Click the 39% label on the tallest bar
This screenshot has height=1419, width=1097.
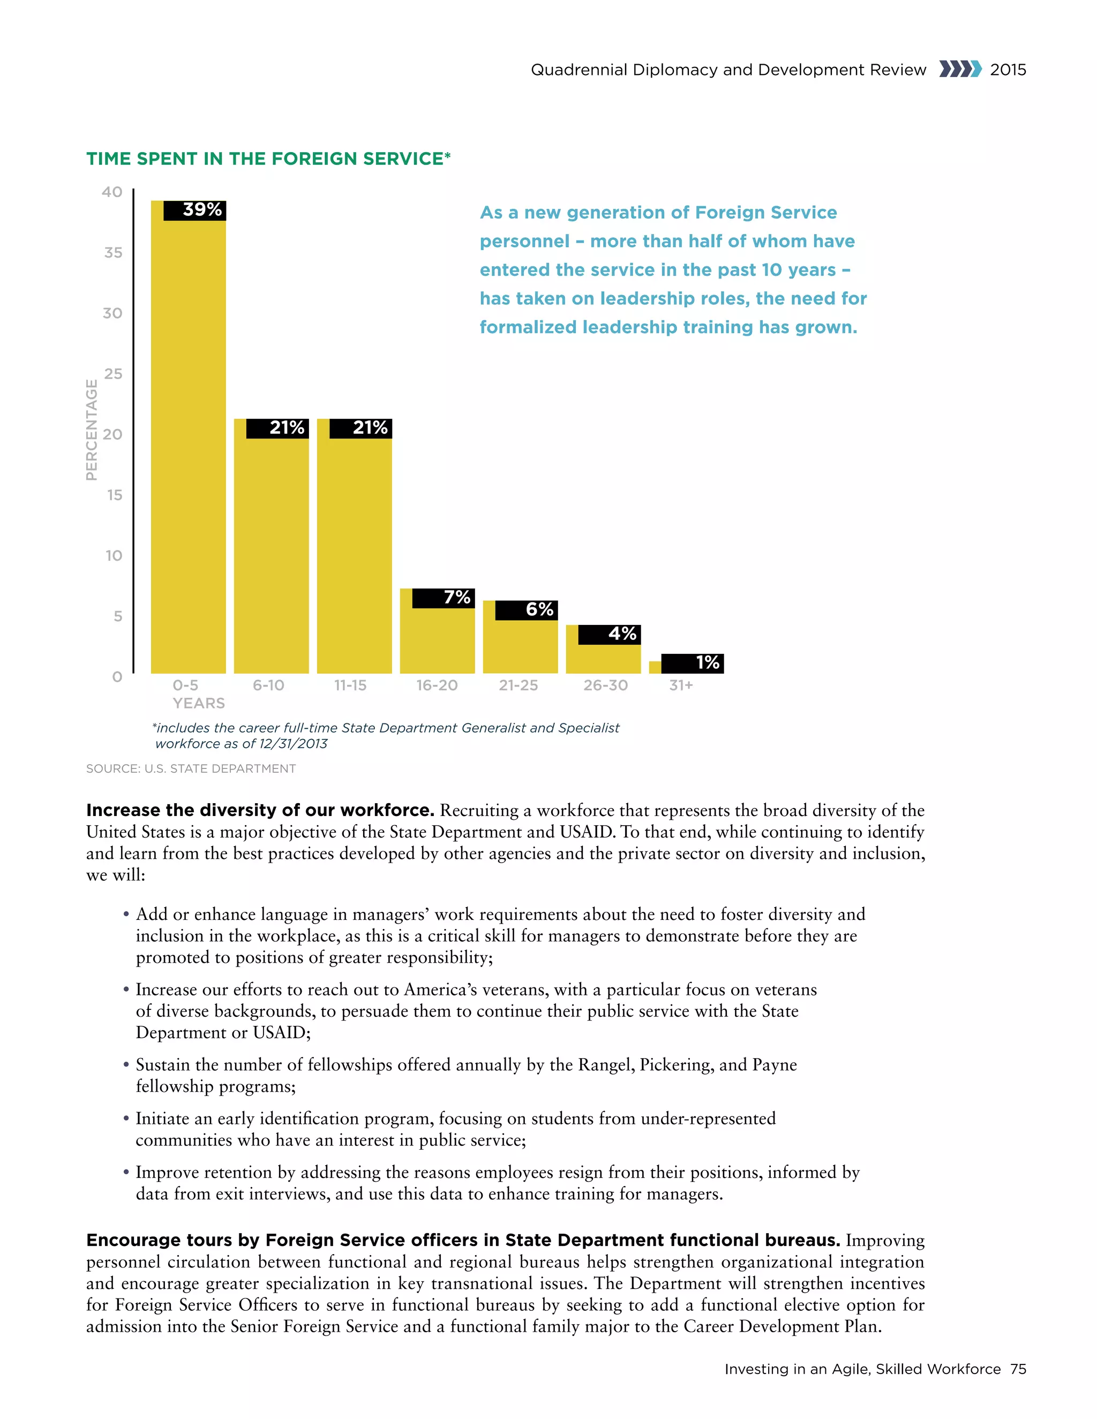coord(201,210)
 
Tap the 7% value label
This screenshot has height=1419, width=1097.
coord(456,598)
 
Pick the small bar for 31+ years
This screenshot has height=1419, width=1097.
coord(655,667)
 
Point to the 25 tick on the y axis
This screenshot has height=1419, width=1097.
coord(113,374)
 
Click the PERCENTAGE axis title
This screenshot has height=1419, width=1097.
coord(92,430)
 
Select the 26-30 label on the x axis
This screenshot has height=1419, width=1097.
coord(605,685)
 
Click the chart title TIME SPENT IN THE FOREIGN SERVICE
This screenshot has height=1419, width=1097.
coord(268,159)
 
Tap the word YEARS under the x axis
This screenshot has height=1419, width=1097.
coord(198,703)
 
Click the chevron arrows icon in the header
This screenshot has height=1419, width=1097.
coord(960,70)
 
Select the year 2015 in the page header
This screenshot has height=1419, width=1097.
coord(1008,70)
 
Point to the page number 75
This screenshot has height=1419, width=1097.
coord(1018,1369)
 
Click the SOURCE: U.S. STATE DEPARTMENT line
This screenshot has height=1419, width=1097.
coord(190,768)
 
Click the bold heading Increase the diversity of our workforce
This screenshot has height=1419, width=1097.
coord(260,810)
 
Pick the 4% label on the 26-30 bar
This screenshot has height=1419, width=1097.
coord(621,633)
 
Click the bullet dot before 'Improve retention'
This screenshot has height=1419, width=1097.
coord(126,1173)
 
